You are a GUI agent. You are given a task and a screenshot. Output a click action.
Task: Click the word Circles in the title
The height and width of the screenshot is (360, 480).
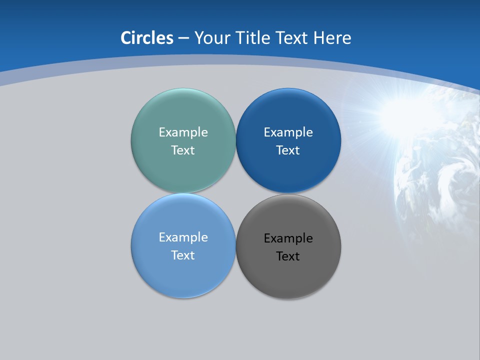[x=147, y=38]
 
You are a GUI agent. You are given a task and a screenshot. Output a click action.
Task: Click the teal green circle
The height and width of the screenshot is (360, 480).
[x=183, y=170]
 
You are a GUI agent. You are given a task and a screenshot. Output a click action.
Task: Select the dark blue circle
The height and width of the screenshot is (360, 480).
[x=288, y=170]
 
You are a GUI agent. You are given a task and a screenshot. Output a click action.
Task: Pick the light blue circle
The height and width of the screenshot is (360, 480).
[x=183, y=275]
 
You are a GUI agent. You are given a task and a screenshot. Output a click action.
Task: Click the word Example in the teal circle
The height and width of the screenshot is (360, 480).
[x=183, y=132]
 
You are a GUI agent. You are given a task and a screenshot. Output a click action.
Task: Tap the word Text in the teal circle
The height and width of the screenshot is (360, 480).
[x=183, y=150]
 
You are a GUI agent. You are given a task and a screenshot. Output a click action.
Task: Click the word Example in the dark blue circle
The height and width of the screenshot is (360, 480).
[x=288, y=132]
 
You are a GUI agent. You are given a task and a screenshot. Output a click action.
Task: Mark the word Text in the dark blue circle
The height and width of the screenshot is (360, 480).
[x=288, y=150]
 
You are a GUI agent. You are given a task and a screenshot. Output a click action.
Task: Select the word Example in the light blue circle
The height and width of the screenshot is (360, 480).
[x=183, y=237]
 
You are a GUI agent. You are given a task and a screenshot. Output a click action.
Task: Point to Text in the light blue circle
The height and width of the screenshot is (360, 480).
[x=183, y=255]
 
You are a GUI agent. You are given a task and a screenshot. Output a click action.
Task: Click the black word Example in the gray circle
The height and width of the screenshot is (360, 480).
[x=288, y=238]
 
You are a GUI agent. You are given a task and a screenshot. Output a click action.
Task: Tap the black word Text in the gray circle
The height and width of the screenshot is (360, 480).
[x=288, y=256]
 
